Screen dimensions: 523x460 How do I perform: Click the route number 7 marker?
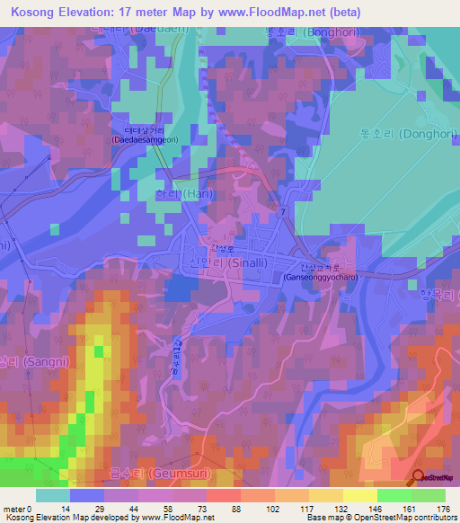[x=281, y=210]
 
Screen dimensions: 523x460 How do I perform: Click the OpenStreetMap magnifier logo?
[x=420, y=476]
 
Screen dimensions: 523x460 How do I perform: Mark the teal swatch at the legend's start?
[x=53, y=495]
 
